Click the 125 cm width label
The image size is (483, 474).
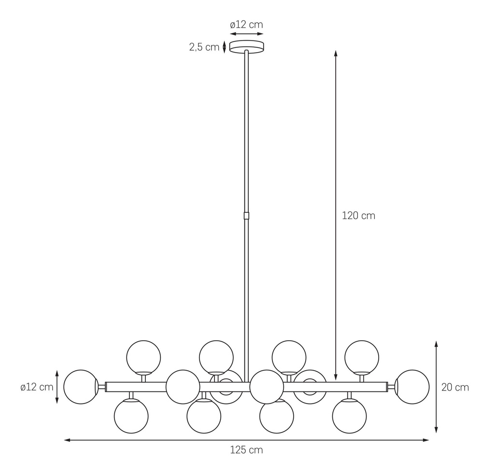click(246, 450)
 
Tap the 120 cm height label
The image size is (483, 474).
click(358, 215)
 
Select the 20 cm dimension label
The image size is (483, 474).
click(455, 387)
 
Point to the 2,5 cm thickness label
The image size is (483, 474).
click(204, 47)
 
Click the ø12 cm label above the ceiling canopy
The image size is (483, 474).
click(246, 24)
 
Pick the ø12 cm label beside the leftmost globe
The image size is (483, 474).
click(37, 387)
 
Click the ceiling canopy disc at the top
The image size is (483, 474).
click(246, 47)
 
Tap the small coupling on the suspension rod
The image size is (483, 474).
click(246, 215)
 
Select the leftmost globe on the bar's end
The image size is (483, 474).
click(81, 387)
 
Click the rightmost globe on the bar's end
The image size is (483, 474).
click(412, 387)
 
